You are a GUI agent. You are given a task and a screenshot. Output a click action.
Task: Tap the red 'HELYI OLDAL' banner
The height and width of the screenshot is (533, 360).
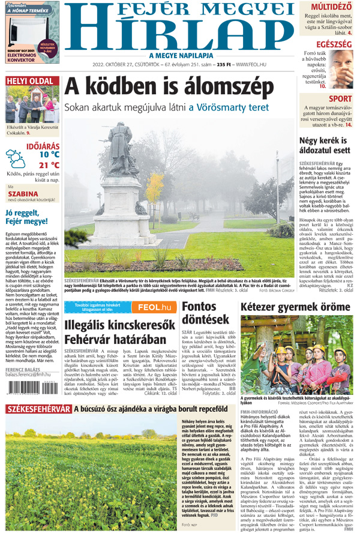coord(29,81)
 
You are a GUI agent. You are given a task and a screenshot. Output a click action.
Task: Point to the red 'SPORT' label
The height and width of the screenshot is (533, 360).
coord(340,98)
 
